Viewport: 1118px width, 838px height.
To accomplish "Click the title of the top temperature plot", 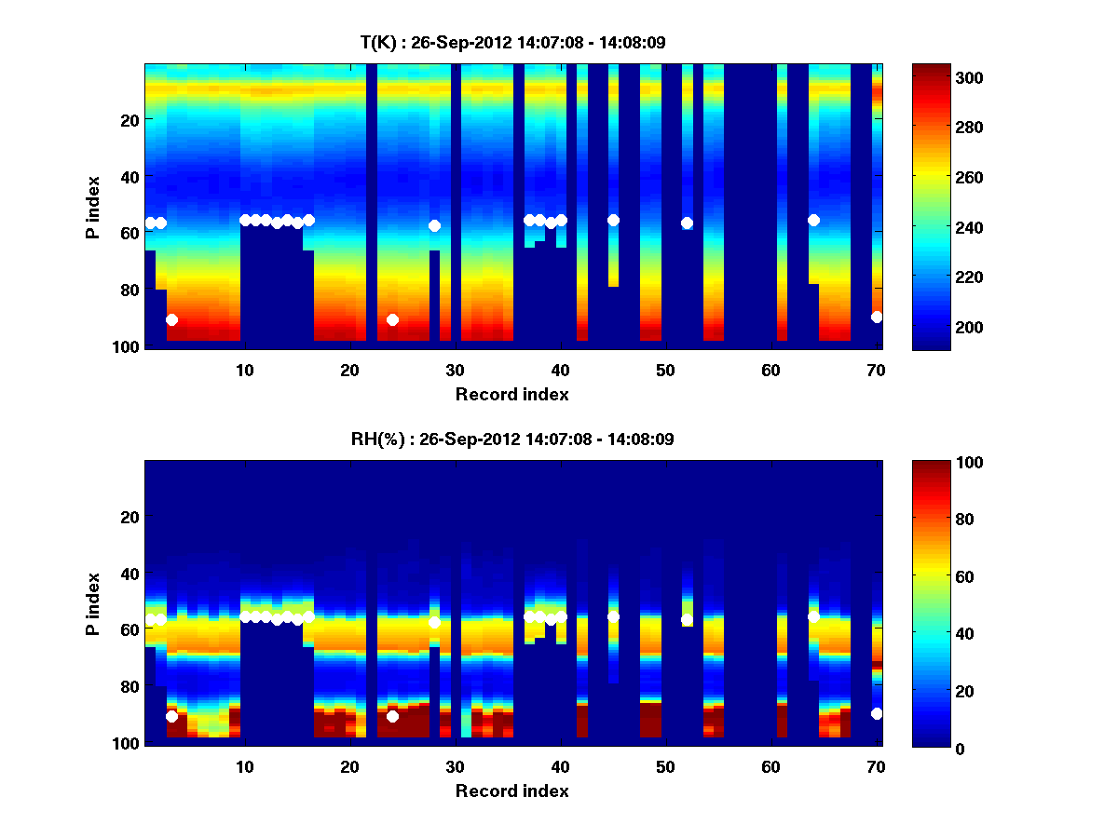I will [x=512, y=43].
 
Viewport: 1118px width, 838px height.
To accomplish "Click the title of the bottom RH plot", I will [x=512, y=439].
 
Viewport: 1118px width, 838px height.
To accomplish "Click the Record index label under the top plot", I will [x=512, y=394].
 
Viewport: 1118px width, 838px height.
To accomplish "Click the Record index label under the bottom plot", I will [x=512, y=791].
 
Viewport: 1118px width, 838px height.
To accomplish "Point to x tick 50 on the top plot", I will [x=665, y=370].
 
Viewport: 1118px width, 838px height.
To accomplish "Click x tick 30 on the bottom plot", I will [x=455, y=766].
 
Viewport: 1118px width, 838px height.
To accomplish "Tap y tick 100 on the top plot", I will [x=128, y=346].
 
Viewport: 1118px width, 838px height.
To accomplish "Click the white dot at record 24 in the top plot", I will [x=392, y=319].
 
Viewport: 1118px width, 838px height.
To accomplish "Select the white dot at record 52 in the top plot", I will [x=687, y=223].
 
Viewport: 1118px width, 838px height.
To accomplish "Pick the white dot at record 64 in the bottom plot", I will [x=813, y=616].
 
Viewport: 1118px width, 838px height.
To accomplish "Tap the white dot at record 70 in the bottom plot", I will [x=877, y=713].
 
